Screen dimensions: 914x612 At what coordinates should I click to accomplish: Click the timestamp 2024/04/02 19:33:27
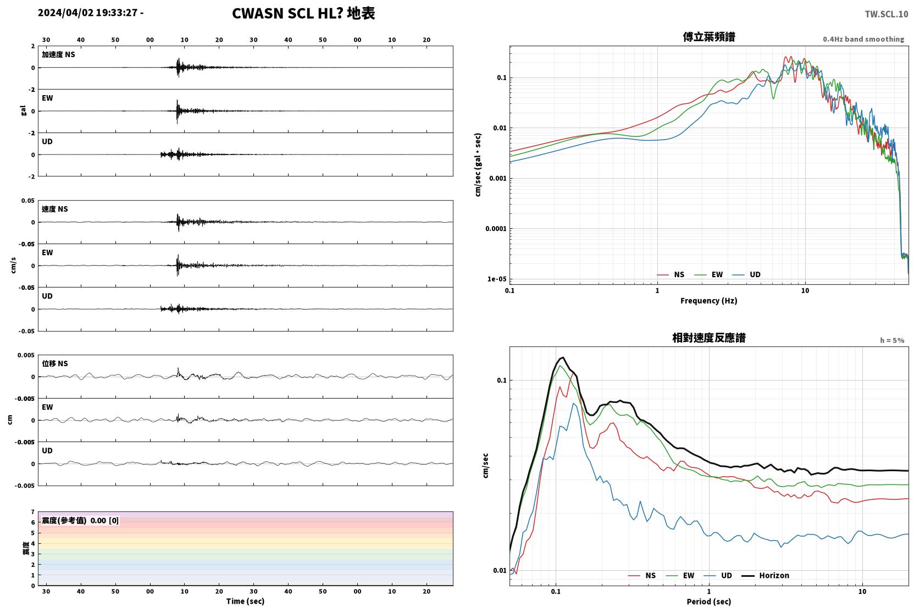pyautogui.click(x=88, y=13)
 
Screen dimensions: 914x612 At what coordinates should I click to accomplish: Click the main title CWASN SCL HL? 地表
pyautogui.click(x=303, y=14)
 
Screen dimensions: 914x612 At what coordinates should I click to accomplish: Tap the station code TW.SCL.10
pyautogui.click(x=887, y=14)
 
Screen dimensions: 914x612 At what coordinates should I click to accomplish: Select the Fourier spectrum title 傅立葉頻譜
pyautogui.click(x=709, y=37)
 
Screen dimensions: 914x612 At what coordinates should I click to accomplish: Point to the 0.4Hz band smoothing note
pyautogui.click(x=863, y=39)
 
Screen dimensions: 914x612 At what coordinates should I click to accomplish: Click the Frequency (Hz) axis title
pyautogui.click(x=709, y=301)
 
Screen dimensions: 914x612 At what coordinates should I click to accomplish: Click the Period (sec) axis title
pyautogui.click(x=709, y=602)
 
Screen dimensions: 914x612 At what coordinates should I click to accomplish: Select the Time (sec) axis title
pyautogui.click(x=245, y=601)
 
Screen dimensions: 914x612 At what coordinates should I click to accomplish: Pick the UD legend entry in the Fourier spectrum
pyautogui.click(x=746, y=274)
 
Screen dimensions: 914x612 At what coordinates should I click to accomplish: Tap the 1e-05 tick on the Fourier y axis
pyautogui.click(x=497, y=279)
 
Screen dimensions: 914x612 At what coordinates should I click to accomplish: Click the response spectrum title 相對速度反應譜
pyautogui.click(x=709, y=338)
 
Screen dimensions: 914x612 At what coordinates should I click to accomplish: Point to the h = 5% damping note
pyautogui.click(x=892, y=340)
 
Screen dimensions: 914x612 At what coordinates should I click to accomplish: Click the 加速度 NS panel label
pyautogui.click(x=58, y=54)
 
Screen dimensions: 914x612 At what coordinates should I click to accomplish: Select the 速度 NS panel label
pyautogui.click(x=54, y=209)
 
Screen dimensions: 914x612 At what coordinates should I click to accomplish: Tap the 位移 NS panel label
pyautogui.click(x=54, y=363)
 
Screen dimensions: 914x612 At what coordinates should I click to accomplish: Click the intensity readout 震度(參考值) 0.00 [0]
pyautogui.click(x=80, y=521)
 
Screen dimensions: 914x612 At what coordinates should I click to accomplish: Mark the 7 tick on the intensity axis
pyautogui.click(x=33, y=512)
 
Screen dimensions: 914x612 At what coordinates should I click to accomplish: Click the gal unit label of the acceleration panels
pyautogui.click(x=23, y=111)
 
